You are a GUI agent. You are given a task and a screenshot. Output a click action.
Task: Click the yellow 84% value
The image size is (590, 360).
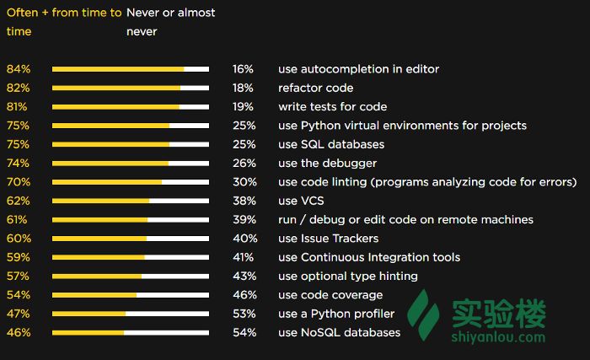(x=18, y=69)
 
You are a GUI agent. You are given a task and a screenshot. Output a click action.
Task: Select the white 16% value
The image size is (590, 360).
(x=243, y=69)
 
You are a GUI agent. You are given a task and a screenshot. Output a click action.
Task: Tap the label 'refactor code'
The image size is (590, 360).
(x=315, y=88)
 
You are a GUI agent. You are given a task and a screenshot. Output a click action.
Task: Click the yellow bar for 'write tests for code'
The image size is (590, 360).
(x=115, y=107)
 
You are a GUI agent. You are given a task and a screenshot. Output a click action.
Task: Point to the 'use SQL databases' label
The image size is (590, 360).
(x=330, y=144)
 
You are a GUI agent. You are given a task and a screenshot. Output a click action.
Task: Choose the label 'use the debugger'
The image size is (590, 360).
(x=327, y=163)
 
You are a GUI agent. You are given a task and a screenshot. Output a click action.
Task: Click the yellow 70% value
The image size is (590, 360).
(x=18, y=182)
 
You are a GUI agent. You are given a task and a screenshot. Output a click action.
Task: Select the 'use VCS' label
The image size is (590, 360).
(x=301, y=201)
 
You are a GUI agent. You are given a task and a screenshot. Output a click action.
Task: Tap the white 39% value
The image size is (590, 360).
(x=243, y=219)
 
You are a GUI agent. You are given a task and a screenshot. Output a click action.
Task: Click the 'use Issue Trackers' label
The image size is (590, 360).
(x=328, y=239)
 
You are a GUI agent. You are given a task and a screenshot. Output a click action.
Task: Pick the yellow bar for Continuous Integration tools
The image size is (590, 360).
(x=98, y=257)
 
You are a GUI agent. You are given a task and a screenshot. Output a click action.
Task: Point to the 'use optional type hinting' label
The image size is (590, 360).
(x=347, y=276)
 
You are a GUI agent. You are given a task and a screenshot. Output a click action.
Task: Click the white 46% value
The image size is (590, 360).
(x=243, y=295)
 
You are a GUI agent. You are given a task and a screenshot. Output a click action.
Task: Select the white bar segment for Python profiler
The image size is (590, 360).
(x=167, y=314)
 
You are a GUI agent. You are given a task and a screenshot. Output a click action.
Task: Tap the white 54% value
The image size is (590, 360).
(x=243, y=332)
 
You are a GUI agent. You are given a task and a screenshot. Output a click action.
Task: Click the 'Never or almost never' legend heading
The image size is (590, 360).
(x=170, y=22)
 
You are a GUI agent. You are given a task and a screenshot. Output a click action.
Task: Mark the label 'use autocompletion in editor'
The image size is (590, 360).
(x=358, y=69)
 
